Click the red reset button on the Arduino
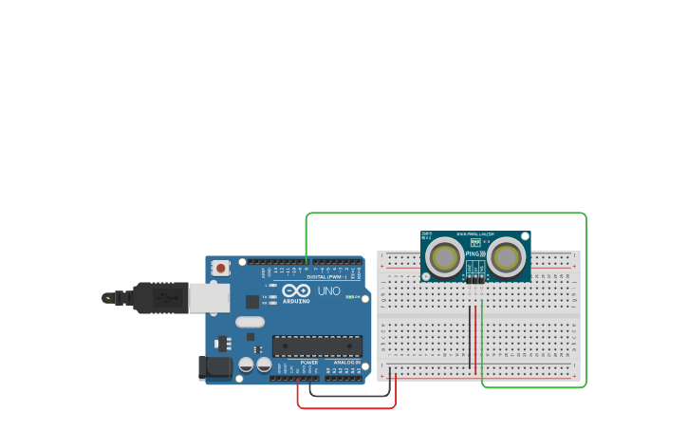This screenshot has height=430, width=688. coord(221,269)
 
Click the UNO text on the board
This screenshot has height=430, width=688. coord(328,290)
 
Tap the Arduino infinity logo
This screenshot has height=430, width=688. coord(296,290)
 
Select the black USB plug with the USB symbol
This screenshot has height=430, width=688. coord(161,298)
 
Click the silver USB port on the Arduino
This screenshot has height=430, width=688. coord(209,298)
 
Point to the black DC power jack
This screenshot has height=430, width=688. coord(215,366)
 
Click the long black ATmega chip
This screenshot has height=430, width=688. coord(317,346)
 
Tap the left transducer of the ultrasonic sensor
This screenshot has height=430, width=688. coord(444,256)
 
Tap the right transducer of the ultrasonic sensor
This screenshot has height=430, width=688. coord(507,256)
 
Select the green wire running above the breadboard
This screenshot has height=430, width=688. coord(446,214)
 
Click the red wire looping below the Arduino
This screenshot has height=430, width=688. coord(346,408)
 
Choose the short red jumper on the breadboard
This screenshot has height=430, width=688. coord(476,323)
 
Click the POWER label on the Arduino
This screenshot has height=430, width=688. coord(309,363)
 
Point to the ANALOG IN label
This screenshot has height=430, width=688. coord(346,363)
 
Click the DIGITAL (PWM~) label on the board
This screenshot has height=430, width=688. coord(324,277)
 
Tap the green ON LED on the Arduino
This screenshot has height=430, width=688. coord(349,297)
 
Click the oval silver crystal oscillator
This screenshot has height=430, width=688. coord(250,322)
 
